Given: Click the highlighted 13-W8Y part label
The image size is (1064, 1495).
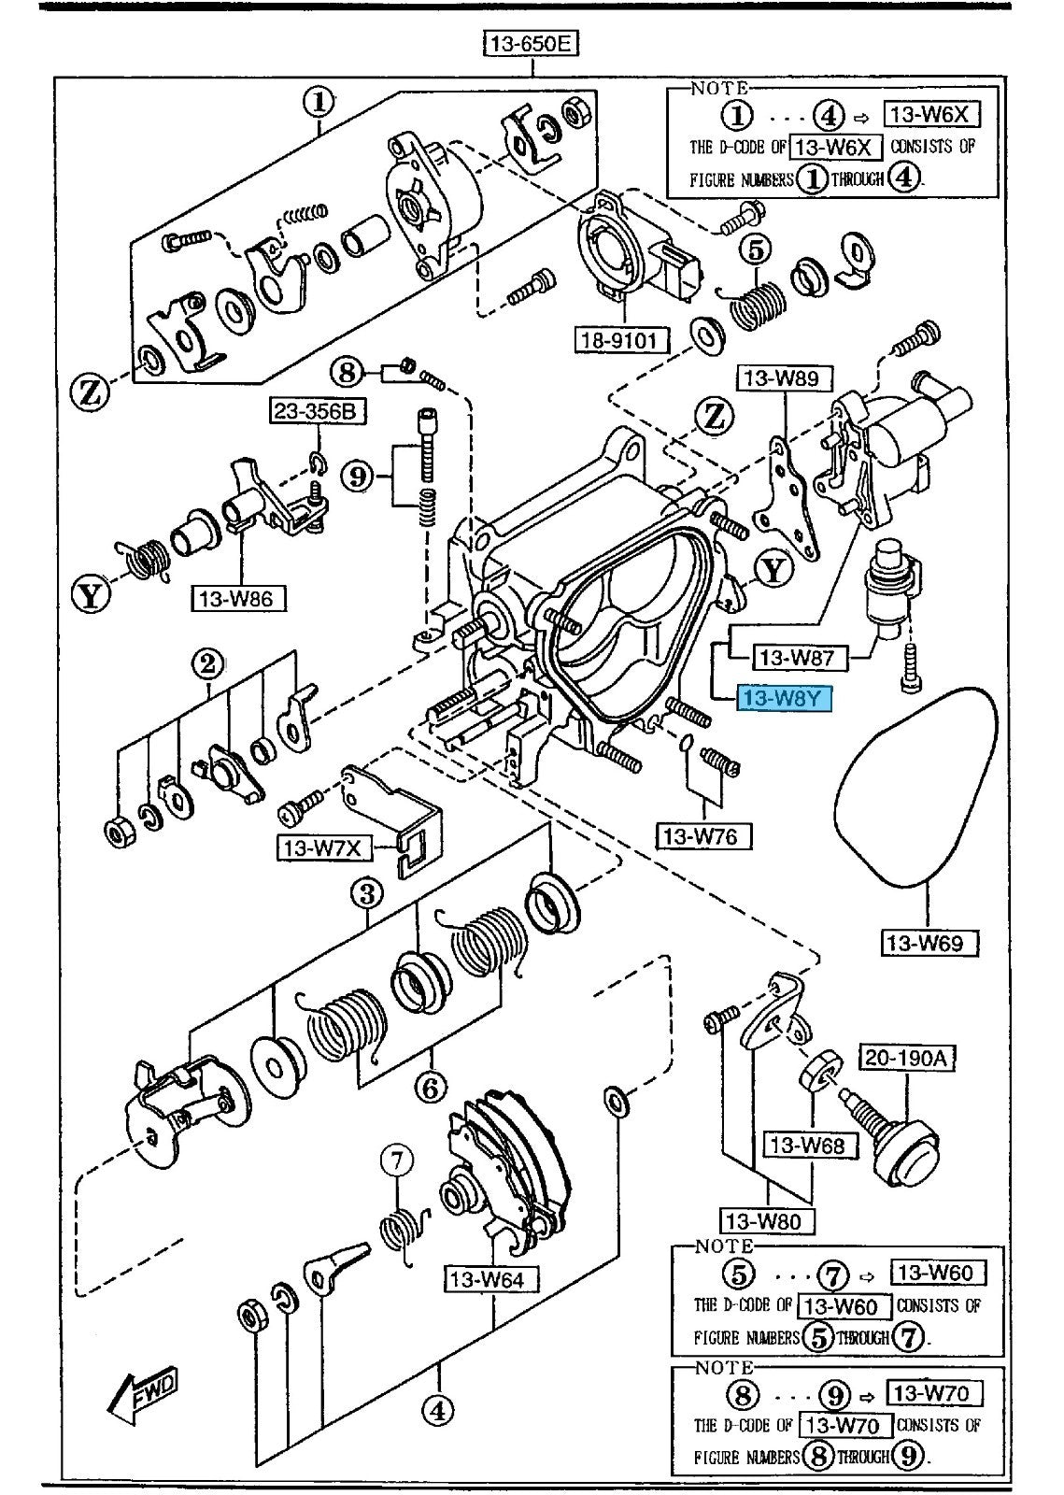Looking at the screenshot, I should (784, 696).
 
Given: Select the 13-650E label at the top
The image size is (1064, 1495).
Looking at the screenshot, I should (531, 43).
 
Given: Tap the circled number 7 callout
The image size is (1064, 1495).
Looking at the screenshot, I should (397, 1161).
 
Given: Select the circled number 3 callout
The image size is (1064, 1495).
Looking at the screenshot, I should (367, 893).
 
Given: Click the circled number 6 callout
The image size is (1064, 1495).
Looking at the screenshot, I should (432, 1088).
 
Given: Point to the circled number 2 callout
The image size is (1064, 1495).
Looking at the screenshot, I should (208, 664).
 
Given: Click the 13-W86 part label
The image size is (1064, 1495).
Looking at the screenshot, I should (240, 597).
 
